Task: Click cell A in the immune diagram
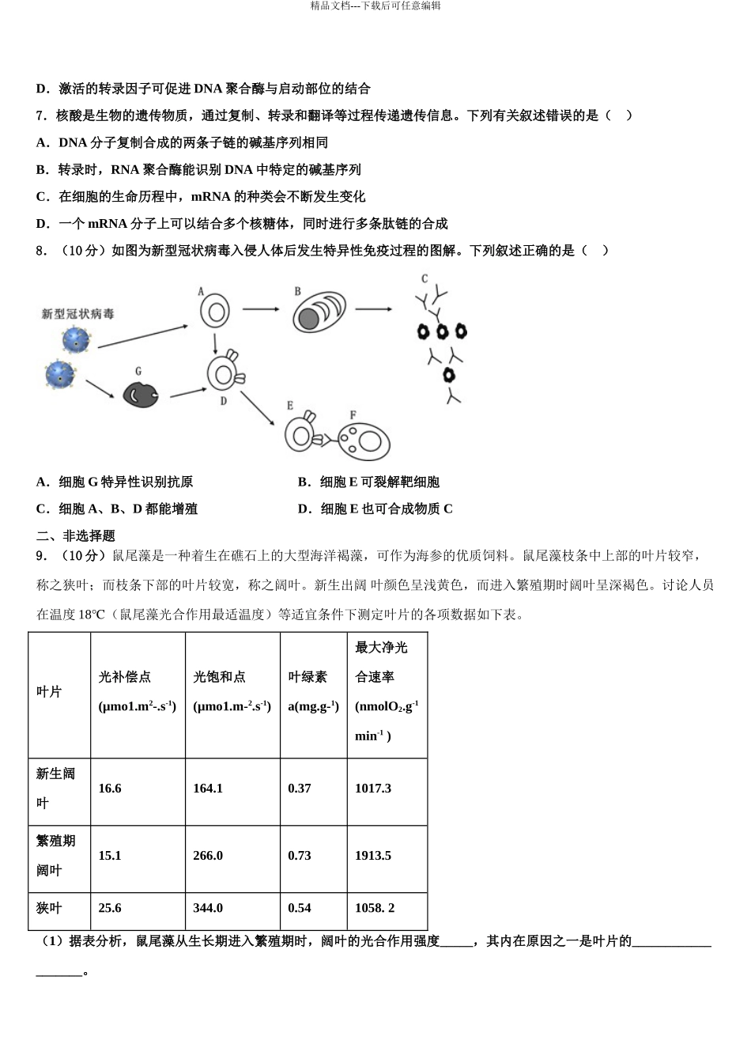point(214,312)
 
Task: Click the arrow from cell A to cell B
point(261,308)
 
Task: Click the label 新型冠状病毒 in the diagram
point(77,314)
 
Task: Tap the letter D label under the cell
point(224,401)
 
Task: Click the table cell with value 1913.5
point(373,856)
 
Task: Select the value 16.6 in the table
point(110,789)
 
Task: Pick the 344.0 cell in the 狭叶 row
point(208,908)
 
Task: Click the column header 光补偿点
point(124,677)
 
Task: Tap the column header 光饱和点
point(219,677)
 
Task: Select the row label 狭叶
point(49,908)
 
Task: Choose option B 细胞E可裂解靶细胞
point(368,482)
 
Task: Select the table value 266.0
point(208,856)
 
